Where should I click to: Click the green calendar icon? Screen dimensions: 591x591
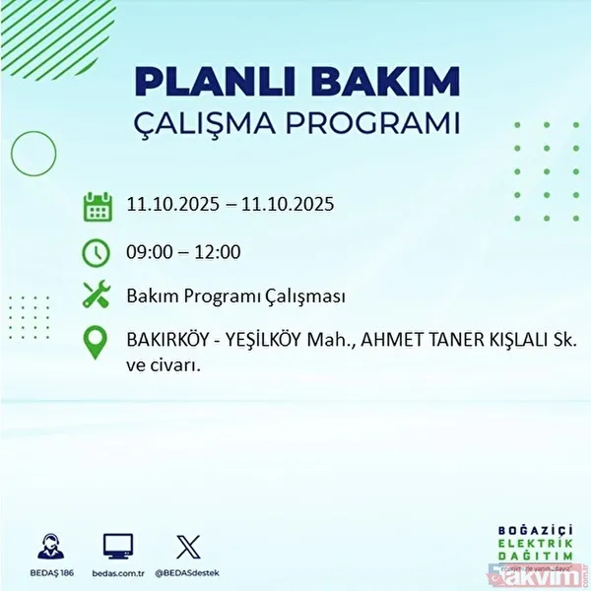96,206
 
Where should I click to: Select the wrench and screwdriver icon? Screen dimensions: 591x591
96,295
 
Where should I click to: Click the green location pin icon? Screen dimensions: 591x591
96,342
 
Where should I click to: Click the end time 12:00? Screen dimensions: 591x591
218,251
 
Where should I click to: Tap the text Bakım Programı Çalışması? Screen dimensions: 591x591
235,295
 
